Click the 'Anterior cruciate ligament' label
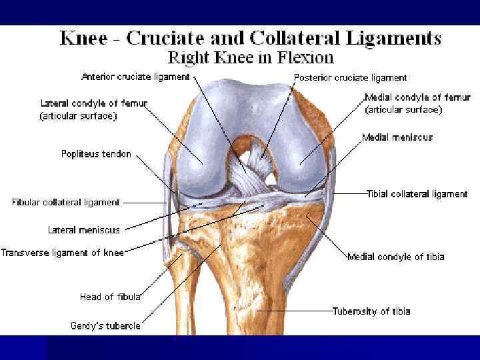coord(135,77)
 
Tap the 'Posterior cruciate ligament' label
coord(350,77)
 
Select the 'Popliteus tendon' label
coord(96,154)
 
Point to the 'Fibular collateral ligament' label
coord(65,202)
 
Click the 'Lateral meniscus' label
coord(83,230)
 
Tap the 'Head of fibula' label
coord(109,297)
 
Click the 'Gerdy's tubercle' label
coord(105,326)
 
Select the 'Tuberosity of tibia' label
coord(371,311)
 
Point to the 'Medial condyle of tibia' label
coord(395,257)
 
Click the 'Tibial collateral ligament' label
coord(417,194)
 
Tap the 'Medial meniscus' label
coord(397,137)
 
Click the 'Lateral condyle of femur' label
coord(93,104)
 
